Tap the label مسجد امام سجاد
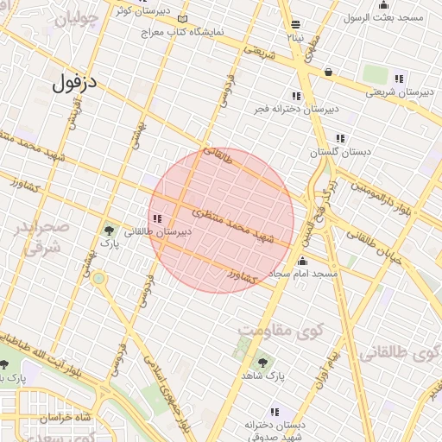coord(301,274)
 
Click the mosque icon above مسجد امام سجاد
coord(302,261)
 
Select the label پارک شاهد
coord(262,376)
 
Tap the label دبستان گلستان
coord(341,151)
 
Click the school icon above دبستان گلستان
coord(341,138)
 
